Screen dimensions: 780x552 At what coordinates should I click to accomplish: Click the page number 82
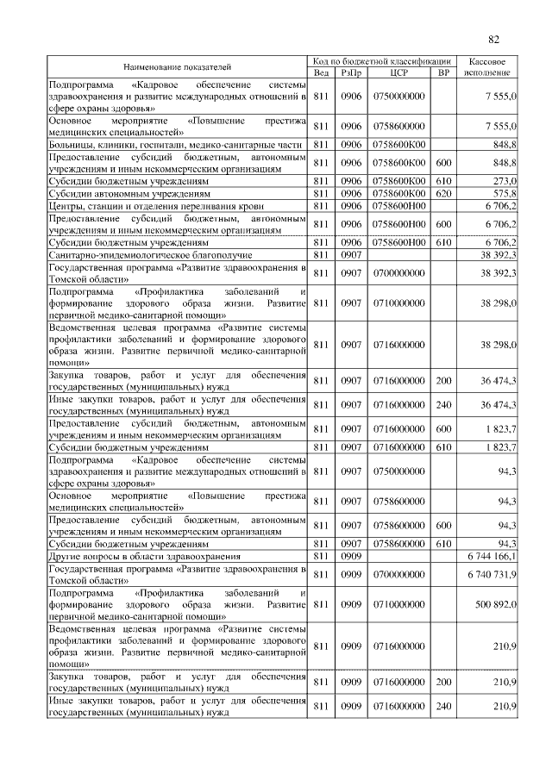(x=493, y=39)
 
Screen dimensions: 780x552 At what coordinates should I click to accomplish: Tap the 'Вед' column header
(x=322, y=72)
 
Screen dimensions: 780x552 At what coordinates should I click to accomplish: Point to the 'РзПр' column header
(x=350, y=72)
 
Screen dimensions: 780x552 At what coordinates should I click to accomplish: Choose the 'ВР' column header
(x=443, y=72)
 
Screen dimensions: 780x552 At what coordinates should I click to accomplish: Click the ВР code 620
(x=443, y=194)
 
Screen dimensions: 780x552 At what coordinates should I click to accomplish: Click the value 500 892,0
(x=493, y=604)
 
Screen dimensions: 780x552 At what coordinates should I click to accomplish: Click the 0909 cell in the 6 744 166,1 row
(x=350, y=558)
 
